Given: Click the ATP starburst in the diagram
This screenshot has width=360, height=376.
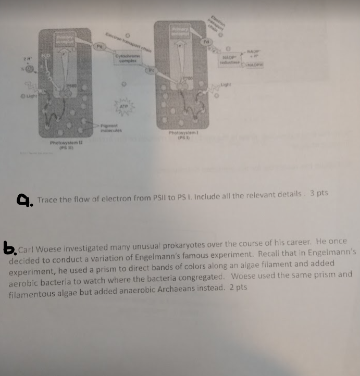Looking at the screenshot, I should [x=124, y=108].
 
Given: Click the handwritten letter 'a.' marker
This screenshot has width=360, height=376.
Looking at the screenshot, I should [x=24, y=200].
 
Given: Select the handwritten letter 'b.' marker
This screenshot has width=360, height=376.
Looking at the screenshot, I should [x=9, y=248].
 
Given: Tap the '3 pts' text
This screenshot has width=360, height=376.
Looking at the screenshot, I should [x=319, y=193].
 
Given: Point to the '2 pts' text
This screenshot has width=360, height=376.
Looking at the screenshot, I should [x=238, y=287].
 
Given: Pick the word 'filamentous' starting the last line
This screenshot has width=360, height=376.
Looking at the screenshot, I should [x=31, y=295].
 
